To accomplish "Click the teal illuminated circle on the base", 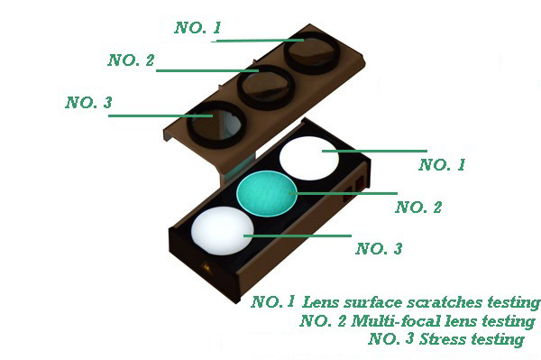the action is coord(266,193).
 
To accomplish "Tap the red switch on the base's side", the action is coord(360,182).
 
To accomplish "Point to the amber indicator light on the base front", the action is coord(206,267).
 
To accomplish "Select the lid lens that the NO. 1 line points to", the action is coord(312,52).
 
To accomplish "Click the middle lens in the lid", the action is coord(266,87).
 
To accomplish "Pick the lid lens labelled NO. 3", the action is coord(217,125).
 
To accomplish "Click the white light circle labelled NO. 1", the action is coord(309,158).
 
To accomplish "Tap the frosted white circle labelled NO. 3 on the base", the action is coord(223,231).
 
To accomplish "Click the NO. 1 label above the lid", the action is coord(197,28).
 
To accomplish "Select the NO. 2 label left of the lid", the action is coord(131,60).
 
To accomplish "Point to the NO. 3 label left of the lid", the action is coord(88,103).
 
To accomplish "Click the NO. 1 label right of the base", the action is coord(442,164).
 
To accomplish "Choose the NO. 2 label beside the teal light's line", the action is coord(418,208).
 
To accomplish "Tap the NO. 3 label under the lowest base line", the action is coord(379,248).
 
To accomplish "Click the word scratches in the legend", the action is coord(445,302).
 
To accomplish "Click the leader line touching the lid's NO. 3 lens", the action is coord(160,115).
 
